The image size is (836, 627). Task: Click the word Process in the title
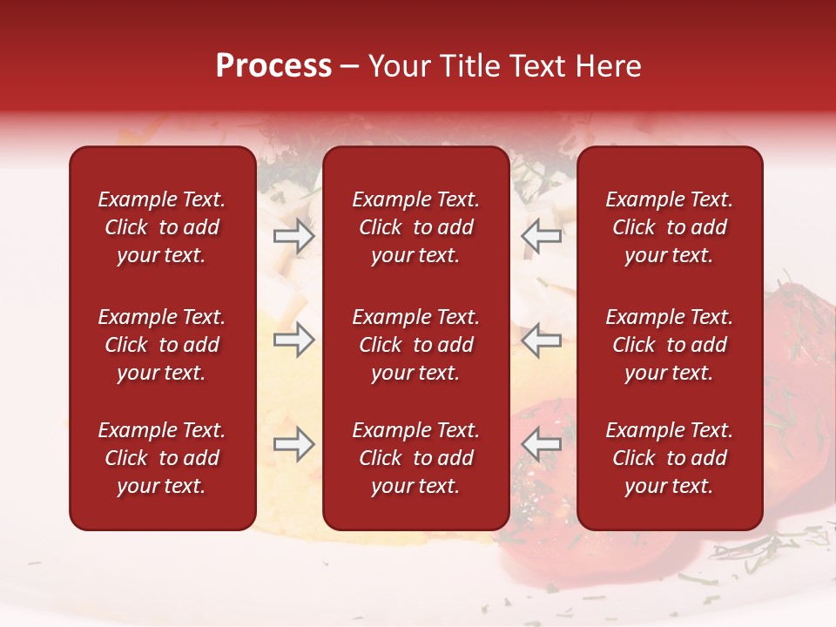point(273,66)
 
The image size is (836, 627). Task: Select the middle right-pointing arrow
point(293,340)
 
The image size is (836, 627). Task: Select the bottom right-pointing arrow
point(293,444)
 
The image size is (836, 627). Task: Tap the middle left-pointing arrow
point(542,340)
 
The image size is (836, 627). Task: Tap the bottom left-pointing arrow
point(542,444)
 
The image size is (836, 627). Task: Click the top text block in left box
point(162,227)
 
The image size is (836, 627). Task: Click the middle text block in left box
point(162,345)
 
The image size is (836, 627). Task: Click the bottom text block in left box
point(162,458)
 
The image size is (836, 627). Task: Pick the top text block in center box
point(415,227)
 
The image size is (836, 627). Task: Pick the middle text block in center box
point(415,345)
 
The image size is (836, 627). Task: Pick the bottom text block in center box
point(415,458)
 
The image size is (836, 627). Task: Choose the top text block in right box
point(669,227)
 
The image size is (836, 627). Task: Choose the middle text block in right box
point(669,345)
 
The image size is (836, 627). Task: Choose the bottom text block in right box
point(669,458)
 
